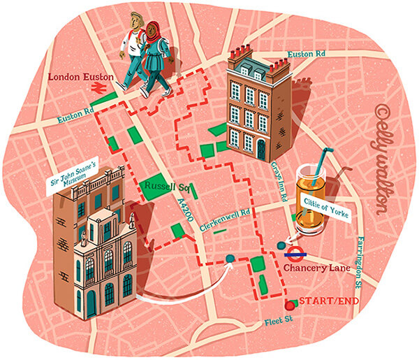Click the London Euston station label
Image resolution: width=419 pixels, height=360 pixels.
[x=78, y=76]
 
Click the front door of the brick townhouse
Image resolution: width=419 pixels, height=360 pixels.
[x=260, y=150]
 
